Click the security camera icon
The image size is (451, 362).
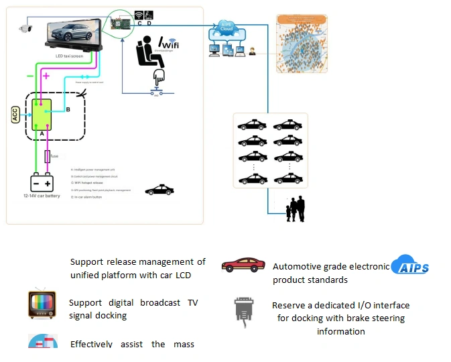(x=25, y=27)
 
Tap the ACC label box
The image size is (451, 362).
(x=15, y=115)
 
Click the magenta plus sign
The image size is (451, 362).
(x=46, y=76)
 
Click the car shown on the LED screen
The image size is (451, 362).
(x=74, y=33)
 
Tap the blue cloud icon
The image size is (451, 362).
(x=227, y=29)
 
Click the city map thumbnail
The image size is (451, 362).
(x=302, y=44)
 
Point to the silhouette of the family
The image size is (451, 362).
(x=296, y=209)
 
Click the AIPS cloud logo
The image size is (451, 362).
(x=410, y=265)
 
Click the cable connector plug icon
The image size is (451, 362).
(x=243, y=310)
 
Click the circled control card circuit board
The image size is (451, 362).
(x=121, y=23)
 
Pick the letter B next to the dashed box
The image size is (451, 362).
(x=67, y=109)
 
